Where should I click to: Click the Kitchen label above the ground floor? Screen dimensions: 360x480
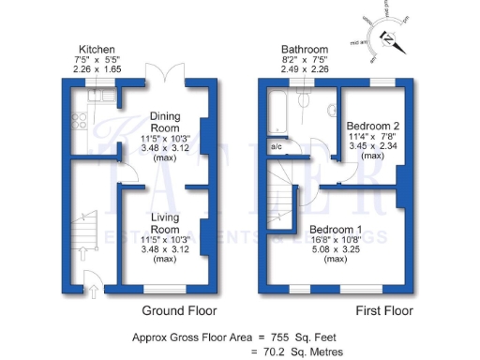97,49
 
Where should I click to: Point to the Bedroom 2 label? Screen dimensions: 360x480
372,125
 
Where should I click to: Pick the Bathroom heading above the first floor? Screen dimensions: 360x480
306,49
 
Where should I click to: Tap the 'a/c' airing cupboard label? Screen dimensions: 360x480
277,147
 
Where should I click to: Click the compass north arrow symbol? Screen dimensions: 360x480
392,38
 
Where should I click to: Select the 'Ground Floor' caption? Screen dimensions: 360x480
179,310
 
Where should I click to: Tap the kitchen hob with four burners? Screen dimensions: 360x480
79,122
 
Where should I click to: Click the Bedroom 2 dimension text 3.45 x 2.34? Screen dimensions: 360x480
372,145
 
